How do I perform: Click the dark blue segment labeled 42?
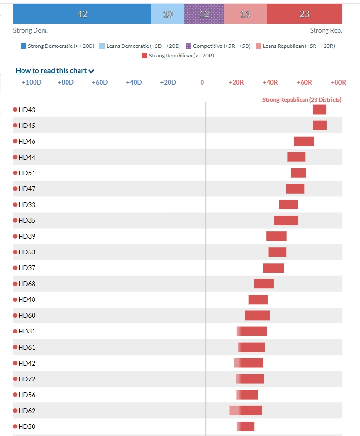[x=82, y=14]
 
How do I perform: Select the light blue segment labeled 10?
[x=168, y=14]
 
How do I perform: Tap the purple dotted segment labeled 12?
[x=204, y=14]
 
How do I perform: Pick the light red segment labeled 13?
[x=245, y=14]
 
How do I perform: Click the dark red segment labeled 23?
[x=304, y=14]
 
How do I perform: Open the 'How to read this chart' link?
[x=55, y=71]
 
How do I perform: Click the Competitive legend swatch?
[x=189, y=46]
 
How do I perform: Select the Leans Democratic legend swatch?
[x=102, y=46]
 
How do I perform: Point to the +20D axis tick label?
[x=168, y=82]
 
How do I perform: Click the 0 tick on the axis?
[x=202, y=82]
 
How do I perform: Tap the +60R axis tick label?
[x=304, y=82]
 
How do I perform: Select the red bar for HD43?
[x=319, y=110]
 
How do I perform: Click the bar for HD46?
[x=304, y=141]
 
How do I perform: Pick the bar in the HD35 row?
[x=286, y=220]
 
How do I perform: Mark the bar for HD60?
[x=257, y=315]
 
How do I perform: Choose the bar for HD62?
[x=246, y=411]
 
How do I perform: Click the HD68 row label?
[x=27, y=284]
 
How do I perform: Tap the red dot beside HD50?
[x=15, y=426]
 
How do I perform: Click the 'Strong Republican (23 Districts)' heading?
[x=302, y=100]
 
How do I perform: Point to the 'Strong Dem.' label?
[x=31, y=30]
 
